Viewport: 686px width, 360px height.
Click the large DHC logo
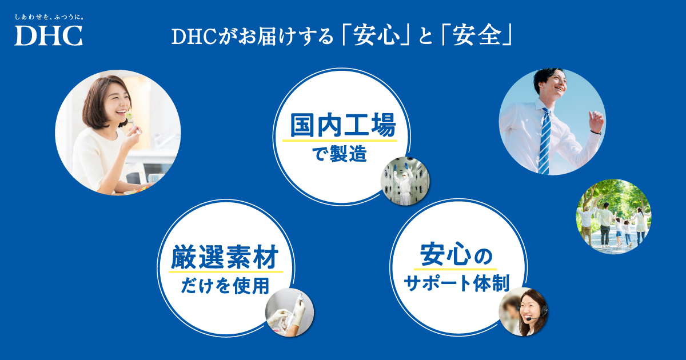(49, 35)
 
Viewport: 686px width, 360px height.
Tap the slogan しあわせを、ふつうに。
(49, 17)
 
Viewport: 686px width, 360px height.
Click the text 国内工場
(342, 125)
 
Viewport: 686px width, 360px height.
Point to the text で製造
(340, 154)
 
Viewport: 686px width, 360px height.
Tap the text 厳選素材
(225, 257)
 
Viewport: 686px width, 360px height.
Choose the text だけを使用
(225, 286)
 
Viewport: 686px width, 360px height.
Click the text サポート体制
(457, 283)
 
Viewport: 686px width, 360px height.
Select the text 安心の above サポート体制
(456, 255)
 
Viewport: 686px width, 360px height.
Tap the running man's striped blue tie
(545, 141)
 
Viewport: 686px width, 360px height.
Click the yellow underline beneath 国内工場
(340, 141)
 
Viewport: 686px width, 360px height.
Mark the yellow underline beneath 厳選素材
(226, 271)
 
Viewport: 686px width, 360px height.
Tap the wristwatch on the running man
(596, 133)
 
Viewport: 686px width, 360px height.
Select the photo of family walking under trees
(614, 217)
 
